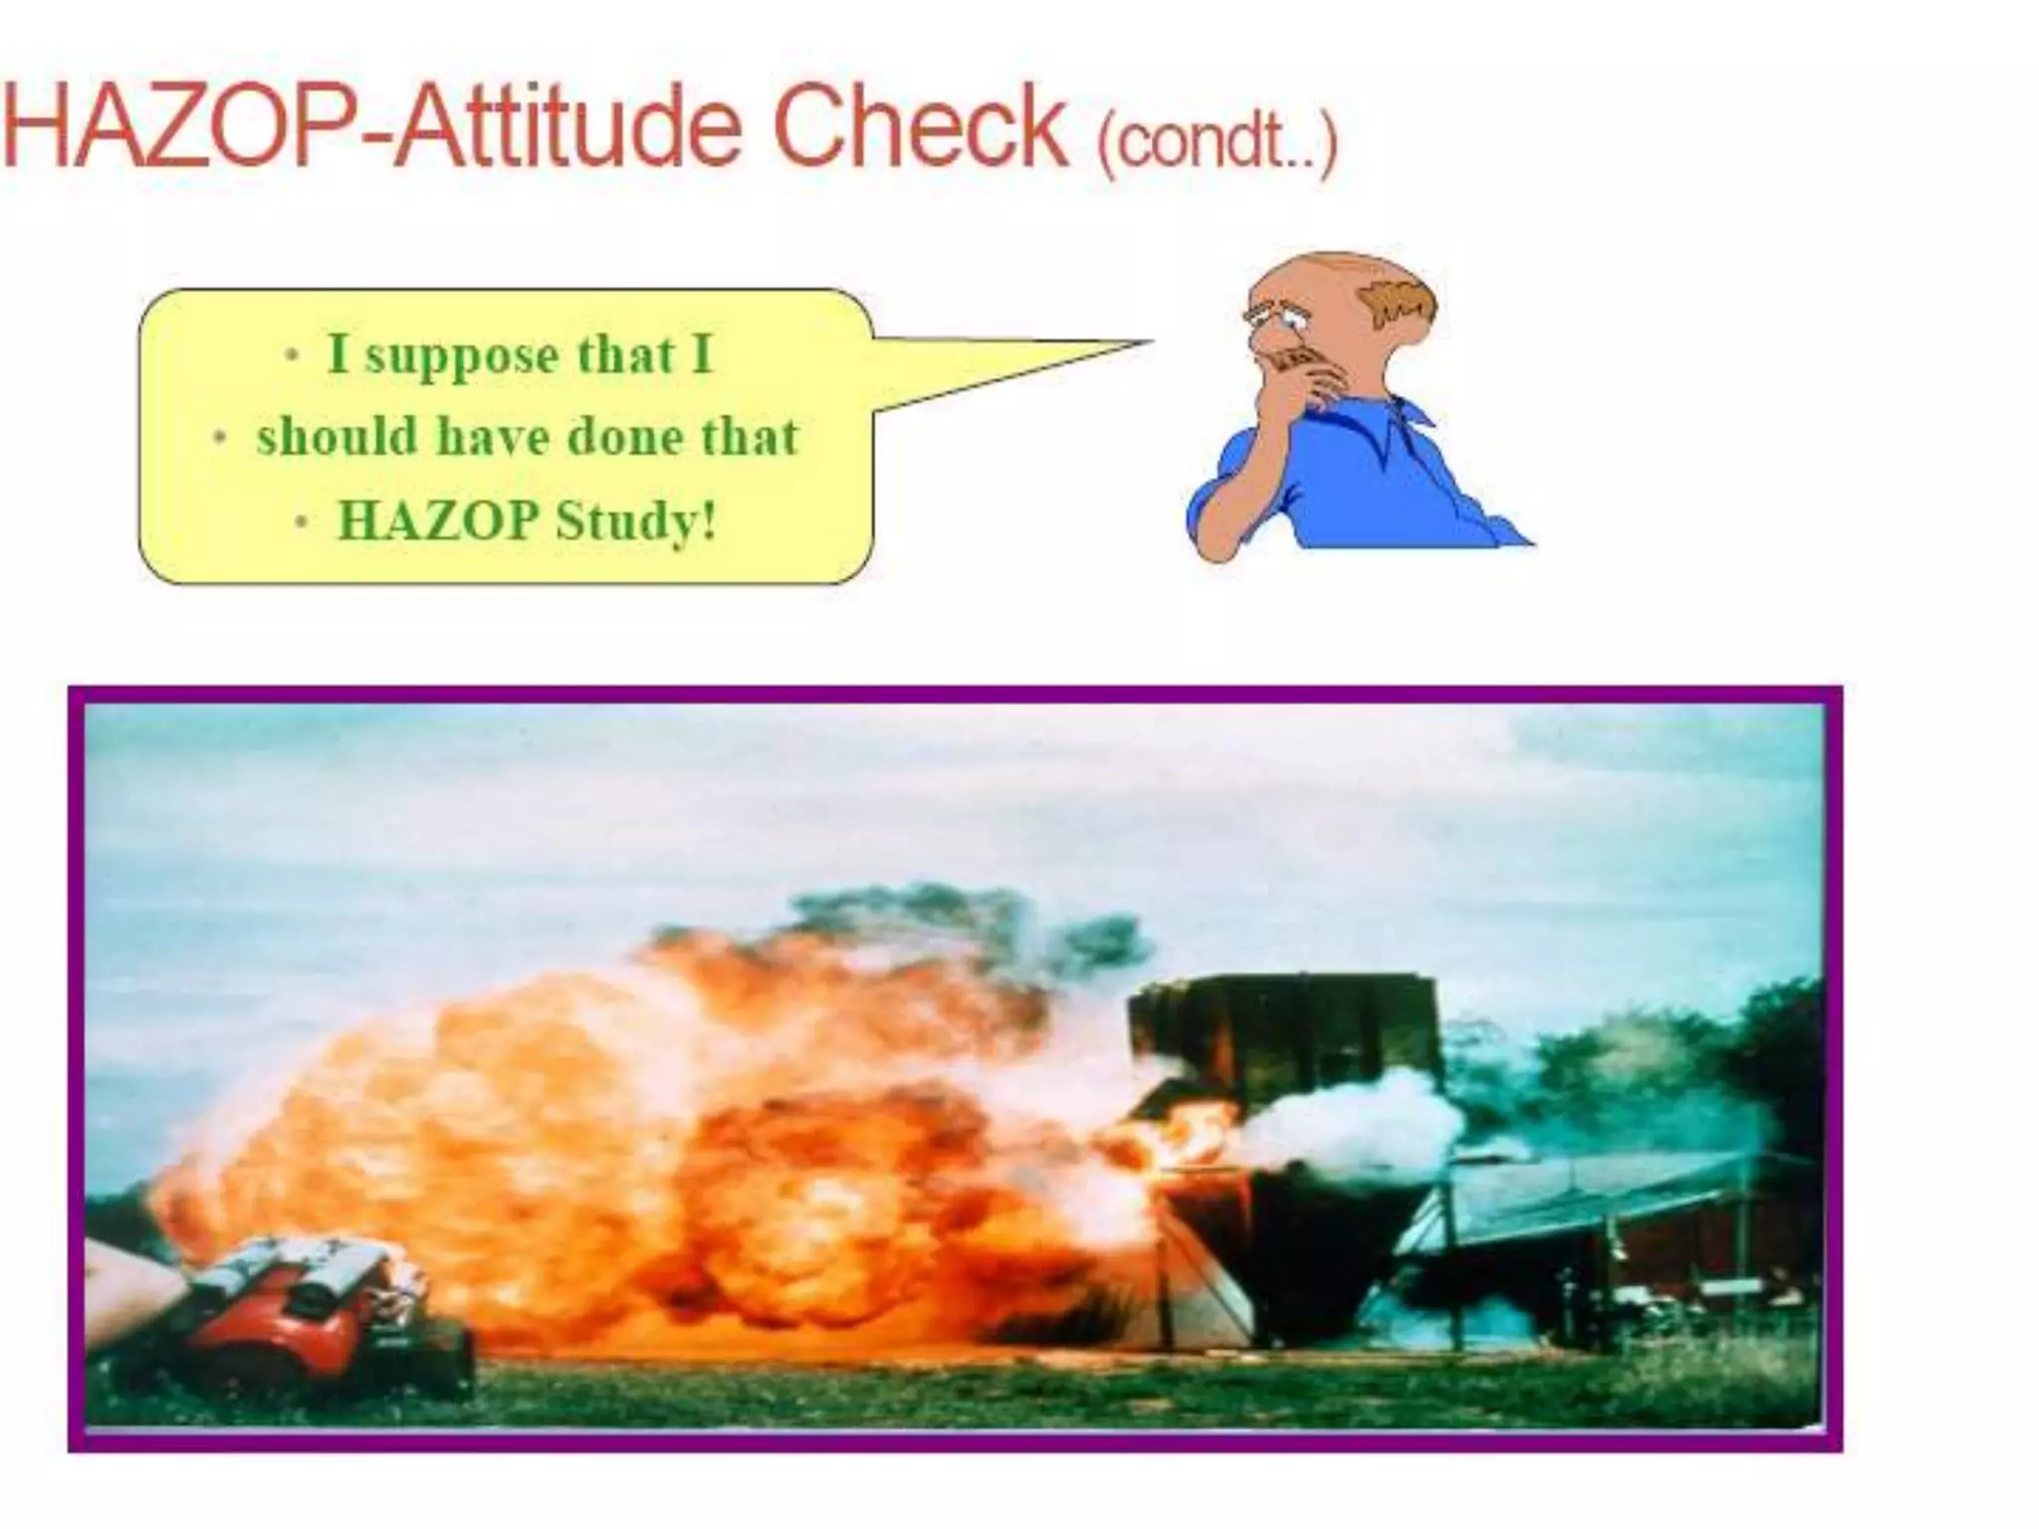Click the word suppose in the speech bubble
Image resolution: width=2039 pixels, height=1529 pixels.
462,357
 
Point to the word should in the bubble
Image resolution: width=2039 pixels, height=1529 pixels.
337,437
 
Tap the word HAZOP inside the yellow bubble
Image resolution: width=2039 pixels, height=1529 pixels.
438,520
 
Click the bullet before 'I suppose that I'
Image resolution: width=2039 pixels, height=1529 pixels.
292,355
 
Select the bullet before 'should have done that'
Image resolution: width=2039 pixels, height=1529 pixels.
221,438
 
